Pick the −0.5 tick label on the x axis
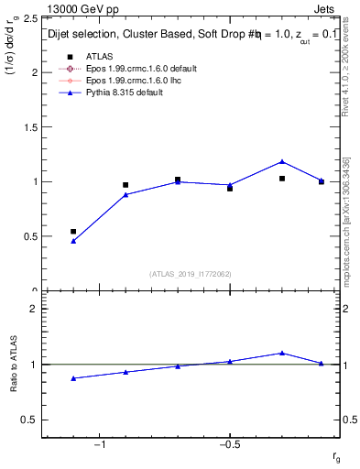pos(228,444)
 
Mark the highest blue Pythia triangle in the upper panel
pos(282,161)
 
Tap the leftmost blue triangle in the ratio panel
pos(73,378)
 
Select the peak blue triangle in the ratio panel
pos(282,353)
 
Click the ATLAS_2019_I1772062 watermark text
pos(191,274)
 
